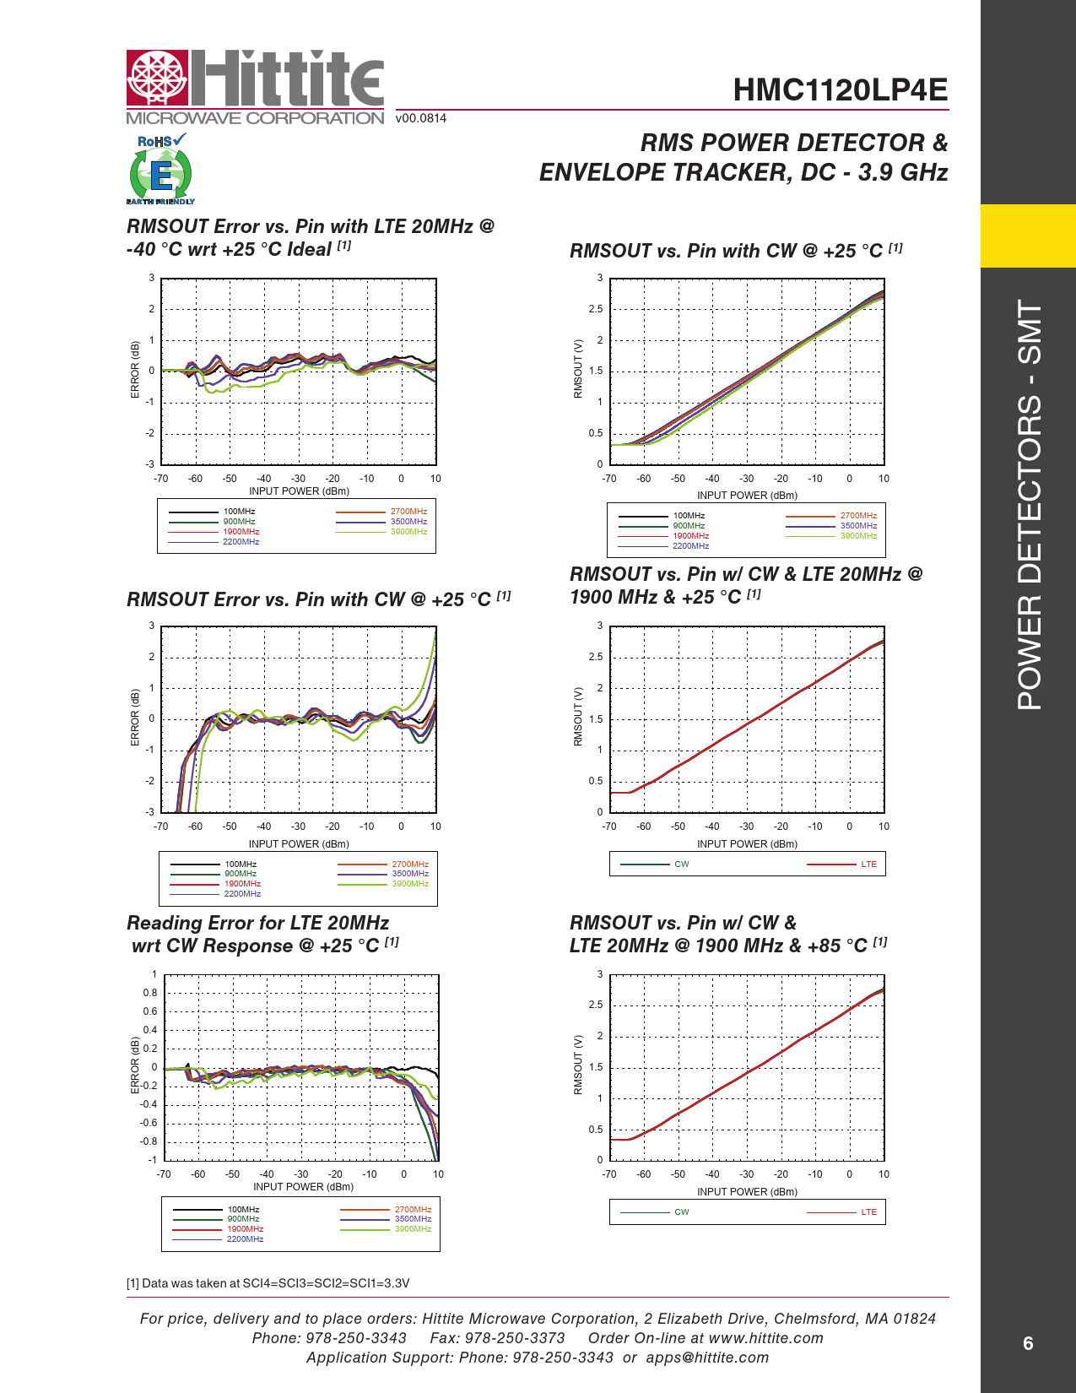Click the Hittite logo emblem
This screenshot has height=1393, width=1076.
[x=157, y=79]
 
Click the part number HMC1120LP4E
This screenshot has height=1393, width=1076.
[x=840, y=90]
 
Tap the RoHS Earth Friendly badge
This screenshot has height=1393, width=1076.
[x=160, y=170]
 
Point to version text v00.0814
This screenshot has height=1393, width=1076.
[x=421, y=118]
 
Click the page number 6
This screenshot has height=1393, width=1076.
[x=1027, y=1343]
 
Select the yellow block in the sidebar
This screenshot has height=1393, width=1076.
[x=1028, y=236]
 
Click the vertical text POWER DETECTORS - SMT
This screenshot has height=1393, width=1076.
[x=1030, y=504]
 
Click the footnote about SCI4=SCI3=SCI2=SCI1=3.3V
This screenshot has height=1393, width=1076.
[x=268, y=1283]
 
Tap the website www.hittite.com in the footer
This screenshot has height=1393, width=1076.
[x=765, y=1338]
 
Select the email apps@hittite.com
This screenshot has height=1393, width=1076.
[x=707, y=1358]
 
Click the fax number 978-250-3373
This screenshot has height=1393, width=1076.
[x=515, y=1338]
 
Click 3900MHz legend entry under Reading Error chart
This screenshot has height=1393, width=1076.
[x=413, y=1229]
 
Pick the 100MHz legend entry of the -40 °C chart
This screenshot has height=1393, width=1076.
[x=239, y=512]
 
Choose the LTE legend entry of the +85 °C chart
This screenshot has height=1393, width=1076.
[x=868, y=1212]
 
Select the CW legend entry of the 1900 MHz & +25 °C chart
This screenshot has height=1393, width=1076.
[x=681, y=865]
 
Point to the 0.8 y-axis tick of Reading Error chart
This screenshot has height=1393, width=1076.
[x=149, y=993]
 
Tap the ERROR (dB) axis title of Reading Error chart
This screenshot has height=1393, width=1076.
[x=135, y=1065]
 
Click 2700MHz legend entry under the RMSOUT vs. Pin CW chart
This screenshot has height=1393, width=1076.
[x=858, y=516]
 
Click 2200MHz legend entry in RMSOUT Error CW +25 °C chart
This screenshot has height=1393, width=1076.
[x=242, y=893]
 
